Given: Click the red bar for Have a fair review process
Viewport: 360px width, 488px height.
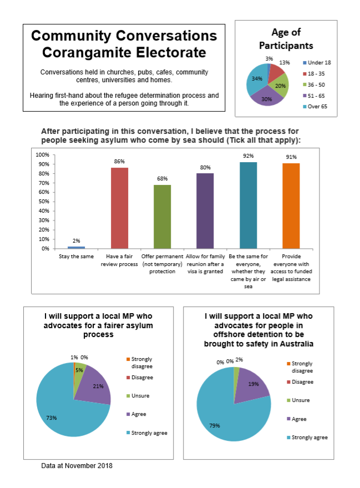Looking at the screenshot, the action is pyautogui.click(x=119, y=208).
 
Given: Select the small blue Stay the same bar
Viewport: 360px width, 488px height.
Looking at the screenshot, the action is pyautogui.click(x=76, y=248).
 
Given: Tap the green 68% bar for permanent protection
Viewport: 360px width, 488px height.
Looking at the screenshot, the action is pyautogui.click(x=163, y=217).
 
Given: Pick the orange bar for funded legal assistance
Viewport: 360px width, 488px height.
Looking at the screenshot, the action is pyautogui.click(x=291, y=206).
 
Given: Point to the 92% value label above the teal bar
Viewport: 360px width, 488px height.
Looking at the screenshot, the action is pyautogui.click(x=249, y=156).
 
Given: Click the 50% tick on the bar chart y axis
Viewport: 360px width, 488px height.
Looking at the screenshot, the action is pyautogui.click(x=44, y=202).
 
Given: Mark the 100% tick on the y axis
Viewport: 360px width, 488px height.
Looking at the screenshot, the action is pyautogui.click(x=43, y=155).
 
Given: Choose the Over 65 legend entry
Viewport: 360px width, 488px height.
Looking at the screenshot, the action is pyautogui.click(x=315, y=107).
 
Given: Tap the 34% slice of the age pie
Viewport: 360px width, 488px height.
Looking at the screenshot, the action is pyautogui.click(x=257, y=80).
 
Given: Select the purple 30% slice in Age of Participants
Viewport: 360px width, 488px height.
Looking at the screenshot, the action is pyautogui.click(x=267, y=97).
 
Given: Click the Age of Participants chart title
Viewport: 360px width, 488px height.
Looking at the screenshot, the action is pyautogui.click(x=286, y=39).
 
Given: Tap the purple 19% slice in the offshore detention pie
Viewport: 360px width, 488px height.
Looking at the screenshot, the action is pyautogui.click(x=252, y=385).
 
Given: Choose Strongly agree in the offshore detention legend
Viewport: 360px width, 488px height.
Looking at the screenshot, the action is pyautogui.click(x=307, y=437).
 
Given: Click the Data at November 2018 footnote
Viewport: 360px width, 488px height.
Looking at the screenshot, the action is pyautogui.click(x=77, y=466).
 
